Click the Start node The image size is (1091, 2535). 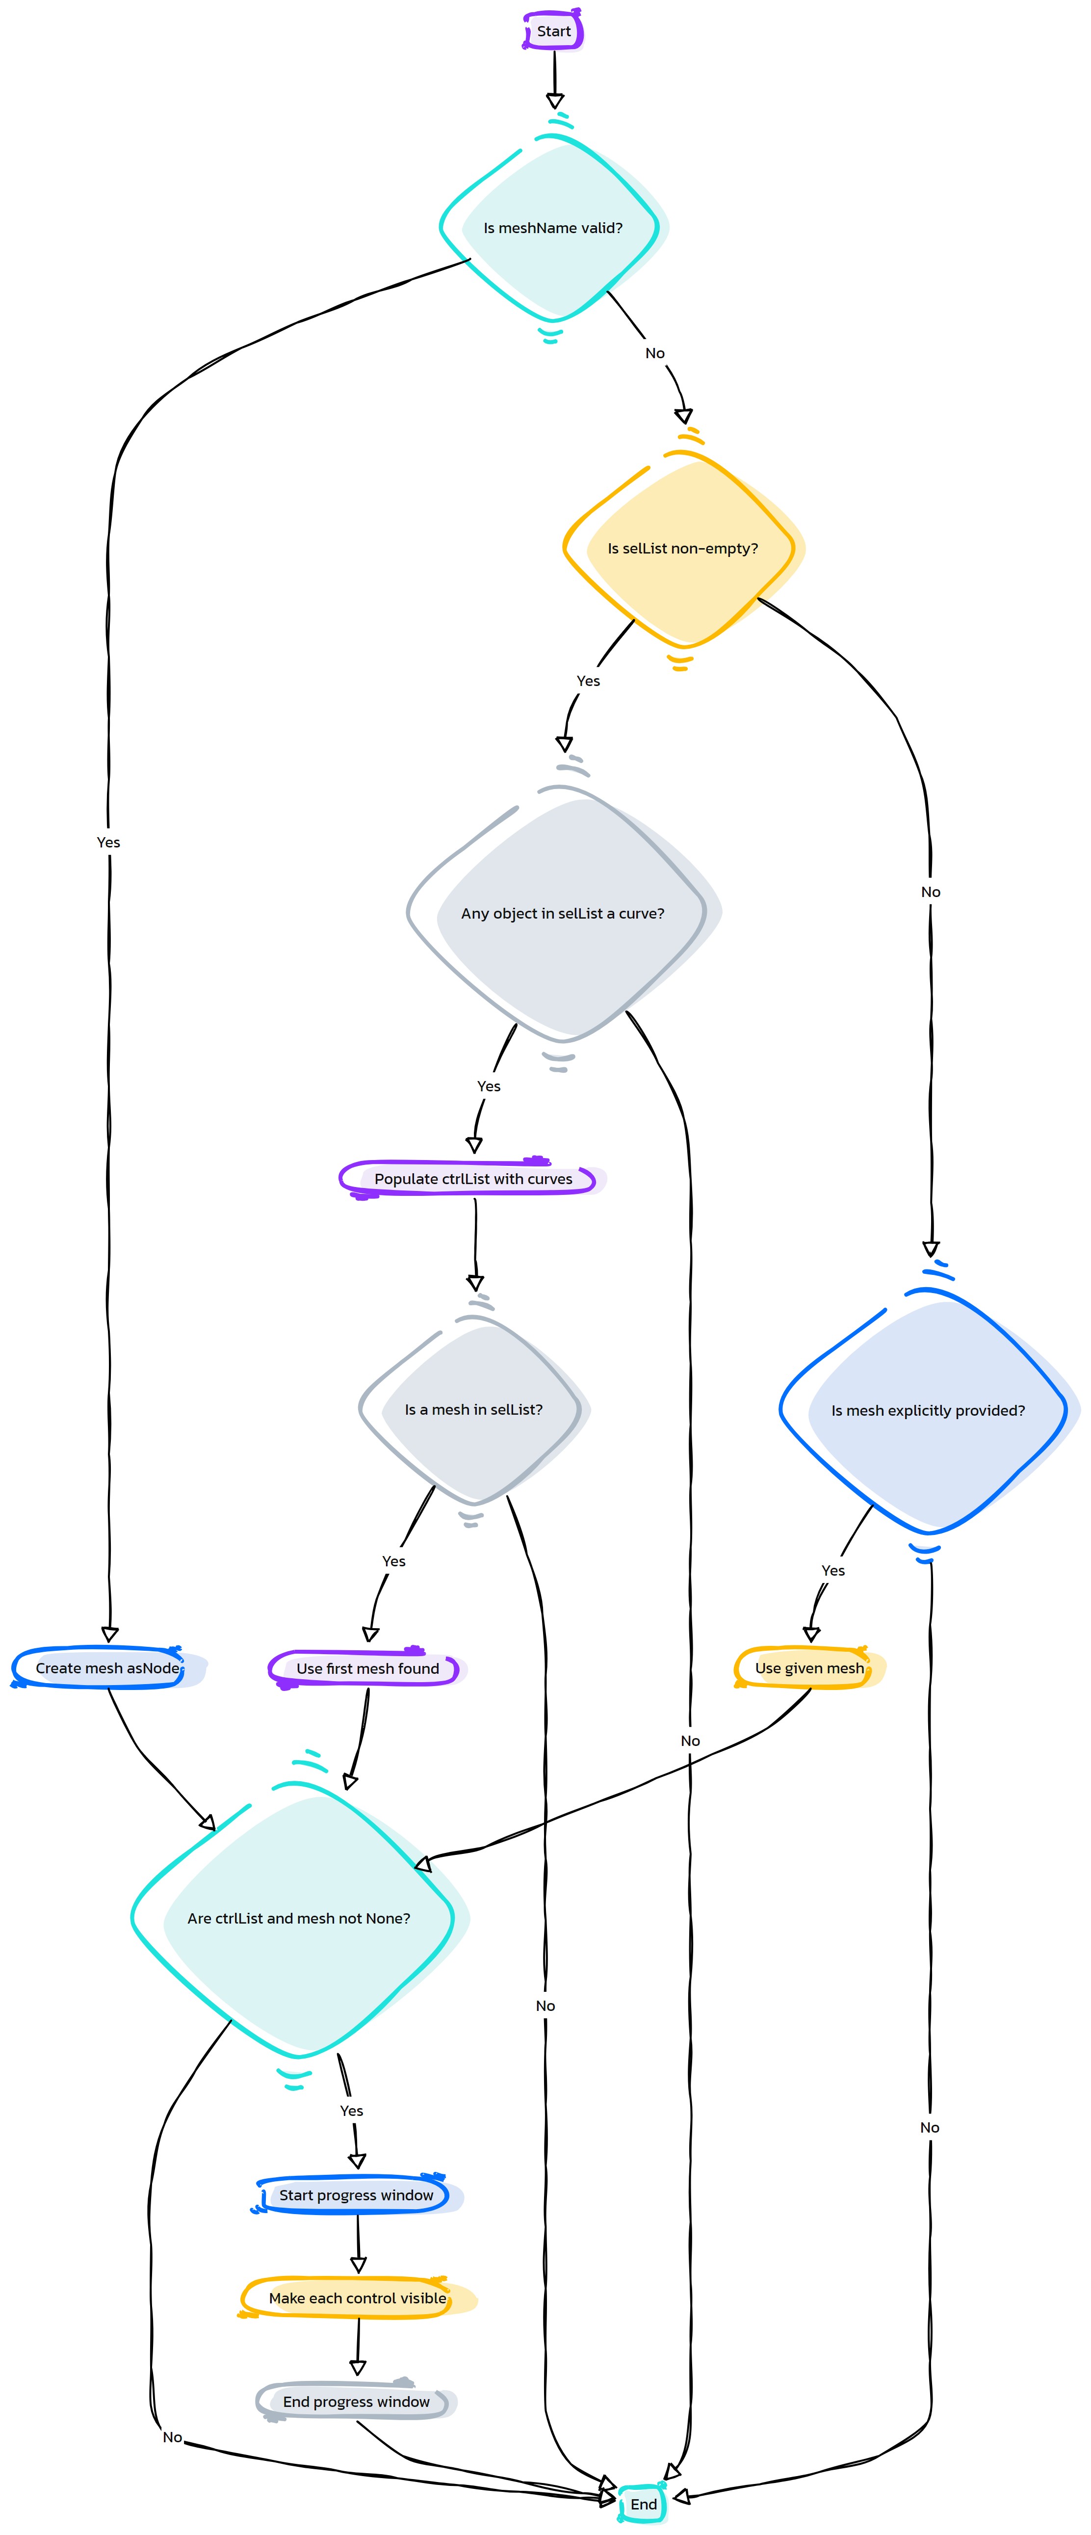[554, 30]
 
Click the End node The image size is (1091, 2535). [644, 2504]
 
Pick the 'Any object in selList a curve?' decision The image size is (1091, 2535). [563, 913]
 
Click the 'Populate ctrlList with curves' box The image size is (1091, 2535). [473, 1178]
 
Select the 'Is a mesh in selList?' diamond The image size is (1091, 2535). [473, 1409]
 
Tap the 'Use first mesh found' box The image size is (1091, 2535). [368, 1668]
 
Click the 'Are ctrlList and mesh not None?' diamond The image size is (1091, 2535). [299, 1918]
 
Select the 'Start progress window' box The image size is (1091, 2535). [356, 2194]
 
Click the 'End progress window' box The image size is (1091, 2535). [356, 2401]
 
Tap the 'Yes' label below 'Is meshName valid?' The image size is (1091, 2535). [108, 843]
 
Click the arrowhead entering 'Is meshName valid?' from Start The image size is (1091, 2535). [555, 101]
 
